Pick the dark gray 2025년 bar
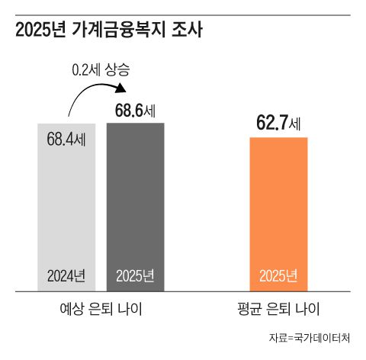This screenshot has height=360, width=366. (135, 206)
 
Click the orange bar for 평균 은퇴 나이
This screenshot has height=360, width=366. (278, 214)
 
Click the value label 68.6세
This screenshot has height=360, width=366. (135, 111)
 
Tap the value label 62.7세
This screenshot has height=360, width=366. (278, 122)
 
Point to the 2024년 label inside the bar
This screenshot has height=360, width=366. (66, 275)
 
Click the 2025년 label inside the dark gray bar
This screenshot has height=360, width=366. (135, 275)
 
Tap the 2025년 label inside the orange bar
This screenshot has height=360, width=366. (278, 275)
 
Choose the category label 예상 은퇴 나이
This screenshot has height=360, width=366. (101, 310)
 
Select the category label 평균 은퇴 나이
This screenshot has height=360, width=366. (278, 310)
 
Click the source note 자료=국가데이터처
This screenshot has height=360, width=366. (313, 337)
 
